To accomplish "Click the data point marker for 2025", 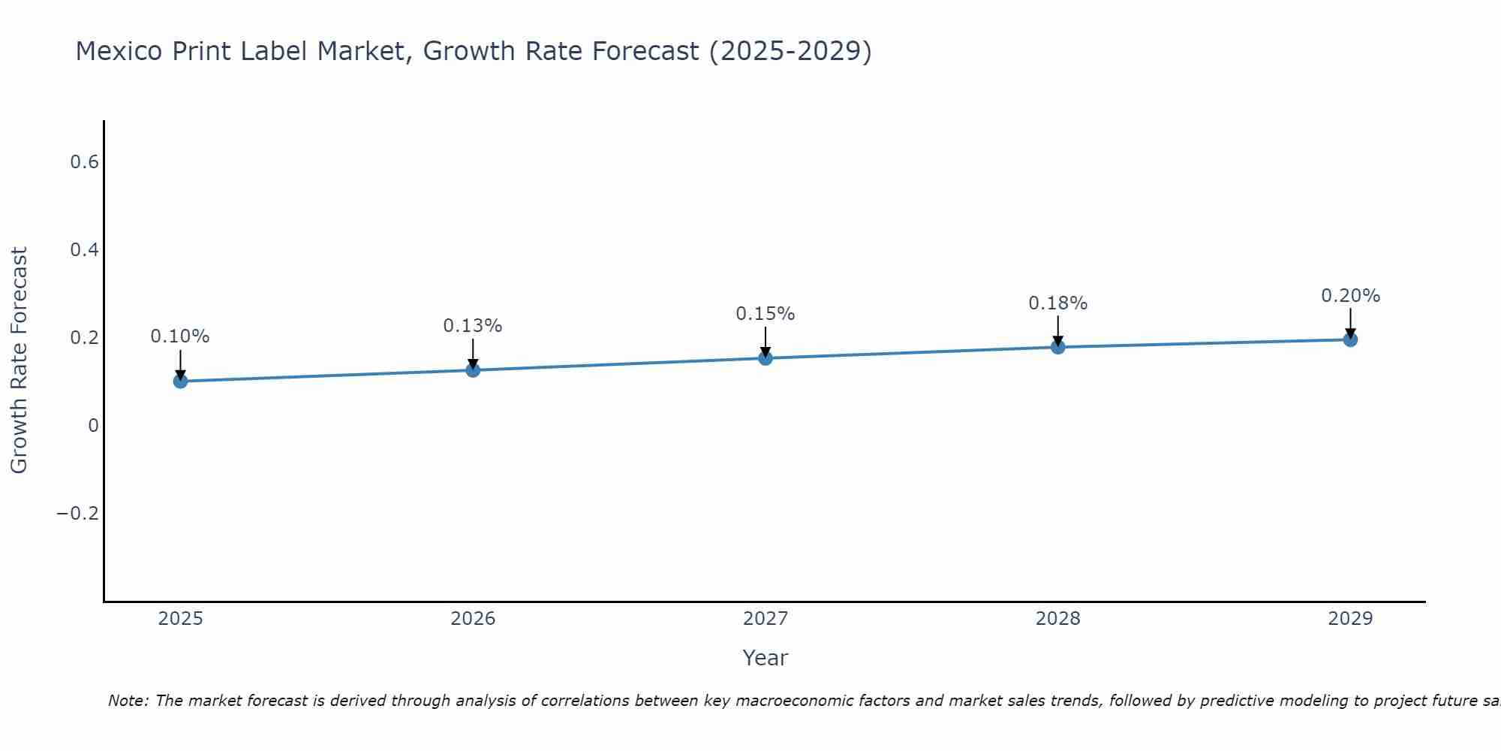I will [x=180, y=381].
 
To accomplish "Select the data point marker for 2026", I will [x=473, y=369].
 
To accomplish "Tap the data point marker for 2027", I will [x=766, y=357].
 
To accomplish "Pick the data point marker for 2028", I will [x=1057, y=346].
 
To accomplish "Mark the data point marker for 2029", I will [x=1350, y=339].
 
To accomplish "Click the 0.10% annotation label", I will [x=180, y=336].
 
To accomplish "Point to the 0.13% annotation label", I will [x=473, y=326].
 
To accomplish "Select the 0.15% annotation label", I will [x=766, y=314].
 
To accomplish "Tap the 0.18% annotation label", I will [x=1057, y=303].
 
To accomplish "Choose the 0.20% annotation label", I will [x=1350, y=296].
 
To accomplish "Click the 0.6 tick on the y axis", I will [x=85, y=162].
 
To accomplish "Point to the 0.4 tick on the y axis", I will [x=85, y=250].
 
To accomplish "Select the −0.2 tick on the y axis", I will [x=78, y=514].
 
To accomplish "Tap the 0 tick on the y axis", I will [x=94, y=426].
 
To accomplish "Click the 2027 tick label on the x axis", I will [x=766, y=619].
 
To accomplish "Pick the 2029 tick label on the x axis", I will [x=1350, y=619].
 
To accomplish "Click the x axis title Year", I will [x=766, y=658].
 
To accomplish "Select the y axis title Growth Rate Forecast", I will [x=20, y=360].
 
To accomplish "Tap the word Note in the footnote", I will [x=127, y=701].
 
